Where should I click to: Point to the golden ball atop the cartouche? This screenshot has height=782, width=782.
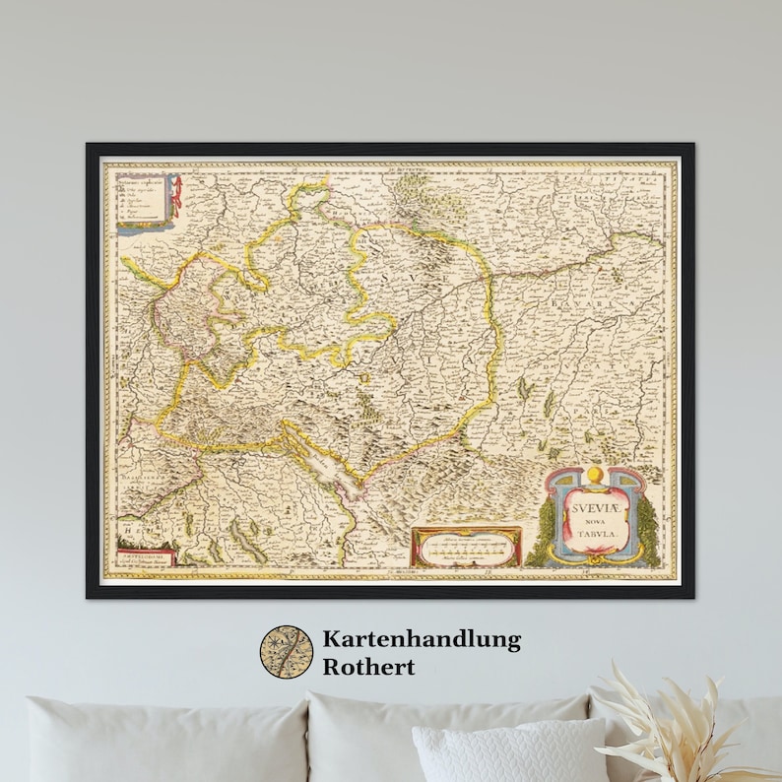tap(595, 480)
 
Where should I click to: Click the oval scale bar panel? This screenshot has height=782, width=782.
tap(466, 548)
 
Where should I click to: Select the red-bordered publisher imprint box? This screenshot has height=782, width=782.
tap(145, 555)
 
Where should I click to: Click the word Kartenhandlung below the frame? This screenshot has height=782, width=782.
tap(422, 640)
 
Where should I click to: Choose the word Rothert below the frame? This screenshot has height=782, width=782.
tap(369, 666)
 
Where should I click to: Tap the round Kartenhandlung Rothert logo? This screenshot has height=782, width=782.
tap(286, 652)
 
